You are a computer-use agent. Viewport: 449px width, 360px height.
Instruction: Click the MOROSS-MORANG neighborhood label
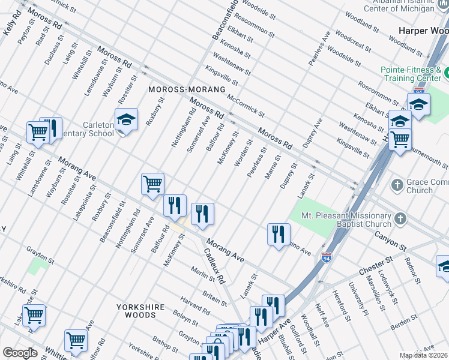[x=187, y=89]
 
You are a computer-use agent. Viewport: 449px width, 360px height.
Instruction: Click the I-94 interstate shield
[x=327, y=257]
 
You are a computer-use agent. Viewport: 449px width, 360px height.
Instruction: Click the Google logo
[x=20, y=353]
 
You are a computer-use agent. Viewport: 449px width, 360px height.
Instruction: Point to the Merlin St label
[x=203, y=274]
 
